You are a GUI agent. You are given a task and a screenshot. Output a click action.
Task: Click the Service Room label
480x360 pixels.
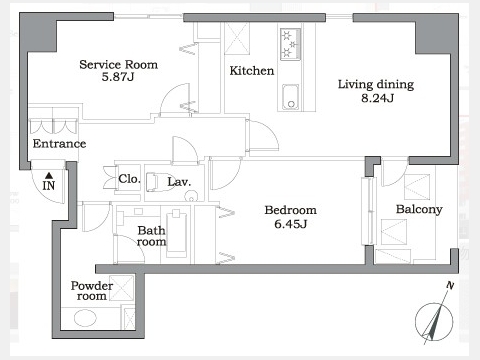click(x=118, y=64)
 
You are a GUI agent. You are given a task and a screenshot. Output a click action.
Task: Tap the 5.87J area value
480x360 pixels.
click(x=118, y=77)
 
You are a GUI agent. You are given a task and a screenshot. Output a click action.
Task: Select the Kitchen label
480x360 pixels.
click(x=252, y=71)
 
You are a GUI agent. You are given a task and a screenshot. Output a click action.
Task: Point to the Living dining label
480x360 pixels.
click(x=376, y=84)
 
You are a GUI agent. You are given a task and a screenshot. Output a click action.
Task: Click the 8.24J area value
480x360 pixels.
click(x=377, y=98)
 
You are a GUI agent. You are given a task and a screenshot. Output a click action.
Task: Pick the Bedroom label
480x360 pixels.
click(x=290, y=210)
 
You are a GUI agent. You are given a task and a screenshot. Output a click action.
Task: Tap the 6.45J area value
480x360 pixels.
click(x=290, y=224)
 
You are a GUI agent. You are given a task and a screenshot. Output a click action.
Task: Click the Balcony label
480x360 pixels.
click(x=419, y=209)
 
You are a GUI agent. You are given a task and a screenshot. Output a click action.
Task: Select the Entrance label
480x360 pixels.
click(x=59, y=144)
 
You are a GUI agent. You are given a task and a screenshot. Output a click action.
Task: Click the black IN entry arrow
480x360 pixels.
click(x=49, y=175)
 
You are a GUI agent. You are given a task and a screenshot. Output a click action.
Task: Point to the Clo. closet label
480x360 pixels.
click(x=129, y=179)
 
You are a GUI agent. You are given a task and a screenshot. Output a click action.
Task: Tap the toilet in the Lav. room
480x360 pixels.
click(x=152, y=182)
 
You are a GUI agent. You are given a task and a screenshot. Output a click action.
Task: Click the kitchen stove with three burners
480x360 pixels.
click(x=290, y=44)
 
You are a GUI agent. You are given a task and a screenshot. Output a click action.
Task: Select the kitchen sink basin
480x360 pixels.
click(x=290, y=97)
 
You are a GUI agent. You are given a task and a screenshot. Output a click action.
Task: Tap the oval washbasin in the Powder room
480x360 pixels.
click(x=85, y=317)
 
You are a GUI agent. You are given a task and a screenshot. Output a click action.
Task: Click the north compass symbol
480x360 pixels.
click(x=434, y=321)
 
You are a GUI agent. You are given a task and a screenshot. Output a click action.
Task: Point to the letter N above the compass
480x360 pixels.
click(x=450, y=285)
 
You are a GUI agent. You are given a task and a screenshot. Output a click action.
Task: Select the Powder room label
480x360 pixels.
click(x=92, y=291)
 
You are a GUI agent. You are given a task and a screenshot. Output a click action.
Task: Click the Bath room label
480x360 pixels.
click(x=151, y=236)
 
